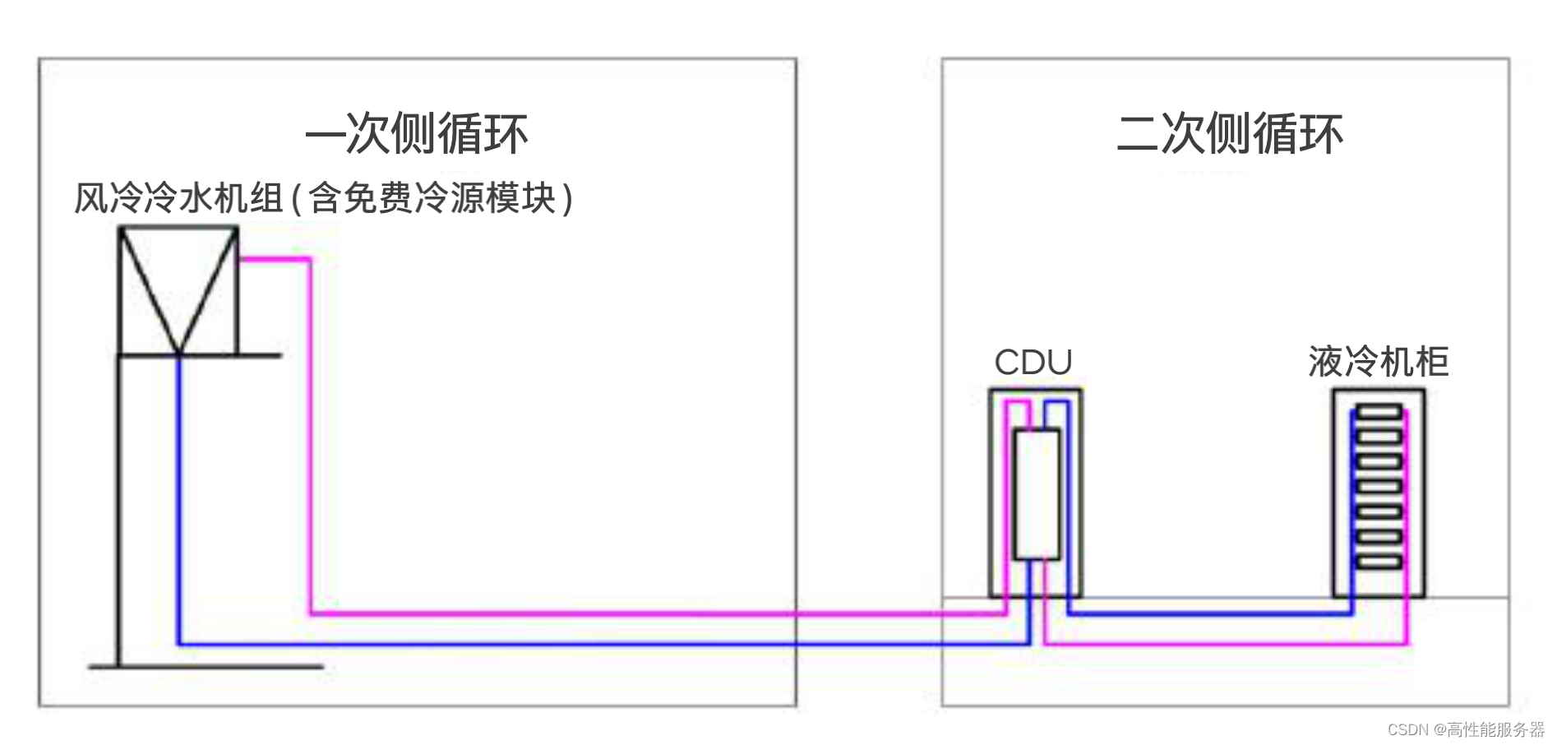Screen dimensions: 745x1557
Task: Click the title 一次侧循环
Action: tap(416, 134)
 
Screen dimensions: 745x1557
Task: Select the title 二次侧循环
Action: tap(1229, 134)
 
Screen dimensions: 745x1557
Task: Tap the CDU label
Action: tap(1033, 363)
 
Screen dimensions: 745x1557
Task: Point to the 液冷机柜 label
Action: tap(1379, 362)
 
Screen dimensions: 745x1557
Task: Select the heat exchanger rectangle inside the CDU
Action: tap(1037, 494)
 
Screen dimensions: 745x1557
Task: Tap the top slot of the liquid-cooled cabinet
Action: tap(1379, 411)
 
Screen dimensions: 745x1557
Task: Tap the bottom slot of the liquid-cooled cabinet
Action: tap(1379, 562)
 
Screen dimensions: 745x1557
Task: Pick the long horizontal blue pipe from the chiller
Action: tap(575, 643)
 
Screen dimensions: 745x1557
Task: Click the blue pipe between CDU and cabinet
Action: tap(1208, 613)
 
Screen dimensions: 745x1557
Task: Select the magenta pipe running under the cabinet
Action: tap(1225, 643)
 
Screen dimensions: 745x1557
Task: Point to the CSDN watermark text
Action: tap(1466, 729)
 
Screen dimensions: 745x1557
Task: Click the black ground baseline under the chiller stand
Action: tap(206, 667)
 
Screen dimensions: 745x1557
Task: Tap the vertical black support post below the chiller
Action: tap(119, 510)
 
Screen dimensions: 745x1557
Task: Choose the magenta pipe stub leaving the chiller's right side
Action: tap(275, 260)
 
